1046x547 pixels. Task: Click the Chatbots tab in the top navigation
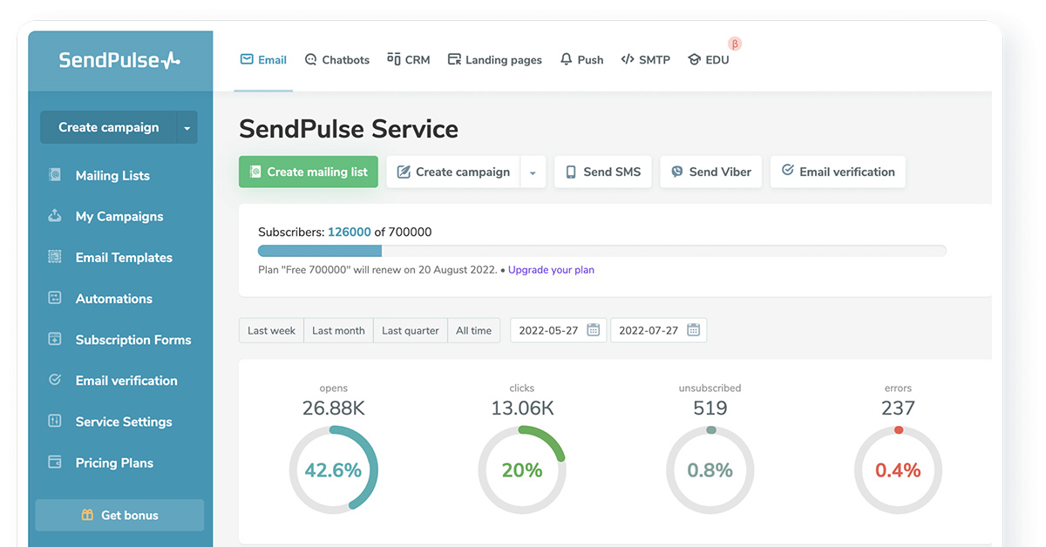point(337,60)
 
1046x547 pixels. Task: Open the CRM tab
point(409,60)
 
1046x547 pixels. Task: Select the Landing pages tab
point(494,60)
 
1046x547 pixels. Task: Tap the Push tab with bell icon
point(581,60)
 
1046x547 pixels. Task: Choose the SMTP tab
point(645,60)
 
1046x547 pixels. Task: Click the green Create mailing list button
point(309,172)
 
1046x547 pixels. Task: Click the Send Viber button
point(711,172)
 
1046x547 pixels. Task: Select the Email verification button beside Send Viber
point(838,172)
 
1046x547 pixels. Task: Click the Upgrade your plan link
point(551,270)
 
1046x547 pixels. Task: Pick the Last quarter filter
point(410,330)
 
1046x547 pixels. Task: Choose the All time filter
point(473,330)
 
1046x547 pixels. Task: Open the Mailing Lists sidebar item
point(112,175)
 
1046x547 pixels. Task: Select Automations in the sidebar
point(113,299)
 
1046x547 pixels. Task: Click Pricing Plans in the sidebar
point(114,463)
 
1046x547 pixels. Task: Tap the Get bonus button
point(119,515)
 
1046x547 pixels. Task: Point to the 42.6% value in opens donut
point(333,470)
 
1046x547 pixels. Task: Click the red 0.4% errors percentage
point(898,470)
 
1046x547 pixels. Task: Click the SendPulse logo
point(119,60)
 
